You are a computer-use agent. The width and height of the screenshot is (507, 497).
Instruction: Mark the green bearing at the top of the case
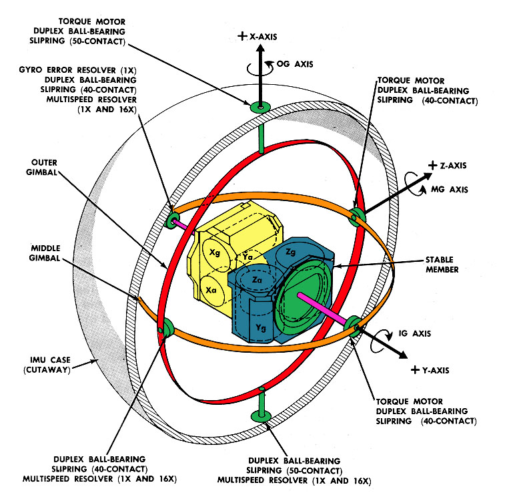point(260,107)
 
